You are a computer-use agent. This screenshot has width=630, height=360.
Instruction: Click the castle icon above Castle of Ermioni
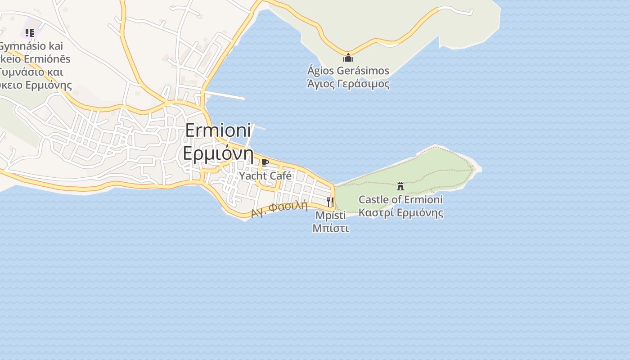point(400,186)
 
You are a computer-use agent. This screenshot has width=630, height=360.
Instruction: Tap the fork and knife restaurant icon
point(330,201)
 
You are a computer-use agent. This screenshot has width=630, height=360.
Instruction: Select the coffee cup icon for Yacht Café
point(265,162)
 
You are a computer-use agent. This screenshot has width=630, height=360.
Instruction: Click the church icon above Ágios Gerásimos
point(348,58)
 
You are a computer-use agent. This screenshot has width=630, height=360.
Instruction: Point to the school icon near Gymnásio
point(29,32)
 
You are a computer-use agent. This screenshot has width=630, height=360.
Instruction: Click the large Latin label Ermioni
point(218,130)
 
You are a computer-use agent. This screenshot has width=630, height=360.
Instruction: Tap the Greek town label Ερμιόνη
point(218,153)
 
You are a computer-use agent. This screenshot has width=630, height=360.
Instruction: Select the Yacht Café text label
point(265,175)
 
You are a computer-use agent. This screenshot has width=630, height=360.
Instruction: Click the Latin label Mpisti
point(330,215)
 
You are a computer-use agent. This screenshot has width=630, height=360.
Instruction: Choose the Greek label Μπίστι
point(330,228)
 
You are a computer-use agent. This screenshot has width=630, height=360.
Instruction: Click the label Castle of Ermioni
point(400,199)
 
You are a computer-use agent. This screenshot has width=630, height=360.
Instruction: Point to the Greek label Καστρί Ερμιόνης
point(400,212)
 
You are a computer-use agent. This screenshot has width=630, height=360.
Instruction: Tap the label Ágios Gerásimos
point(348,71)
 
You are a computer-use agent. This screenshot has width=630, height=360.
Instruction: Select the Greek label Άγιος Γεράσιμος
point(348,84)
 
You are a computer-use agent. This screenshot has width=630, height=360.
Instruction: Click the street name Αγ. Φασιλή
point(279,209)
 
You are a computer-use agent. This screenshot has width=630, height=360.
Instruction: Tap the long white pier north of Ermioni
point(225,95)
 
